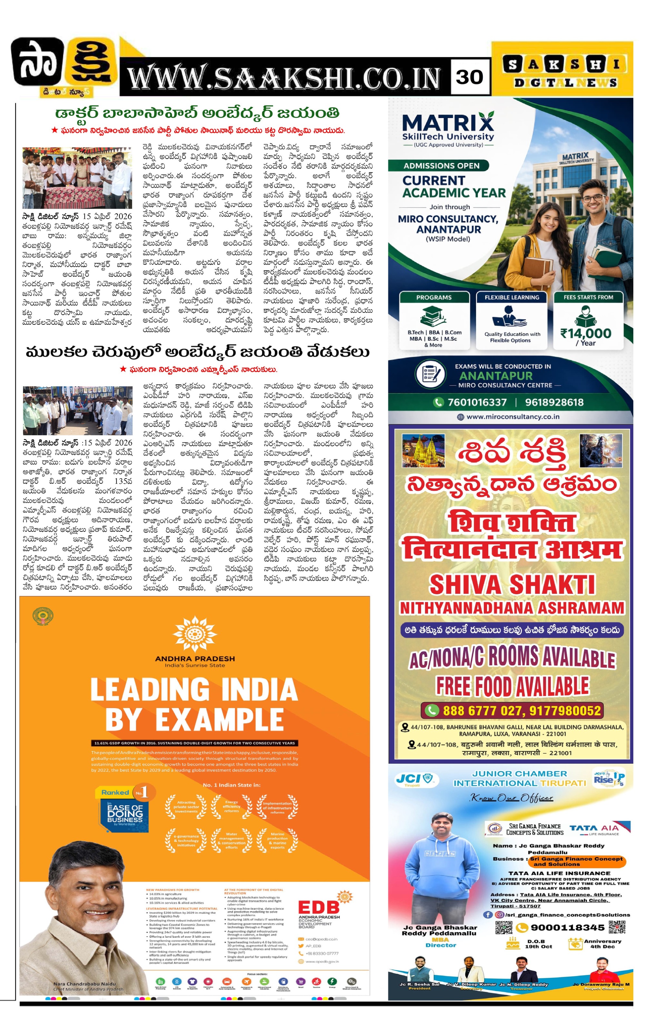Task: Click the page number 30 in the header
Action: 469,77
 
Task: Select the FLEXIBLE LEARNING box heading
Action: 512,297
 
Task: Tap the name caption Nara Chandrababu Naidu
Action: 84,984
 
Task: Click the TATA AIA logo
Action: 594,828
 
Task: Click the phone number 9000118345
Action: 567,928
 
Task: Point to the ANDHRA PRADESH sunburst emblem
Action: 194,634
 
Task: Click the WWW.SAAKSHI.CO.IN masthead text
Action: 284,78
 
